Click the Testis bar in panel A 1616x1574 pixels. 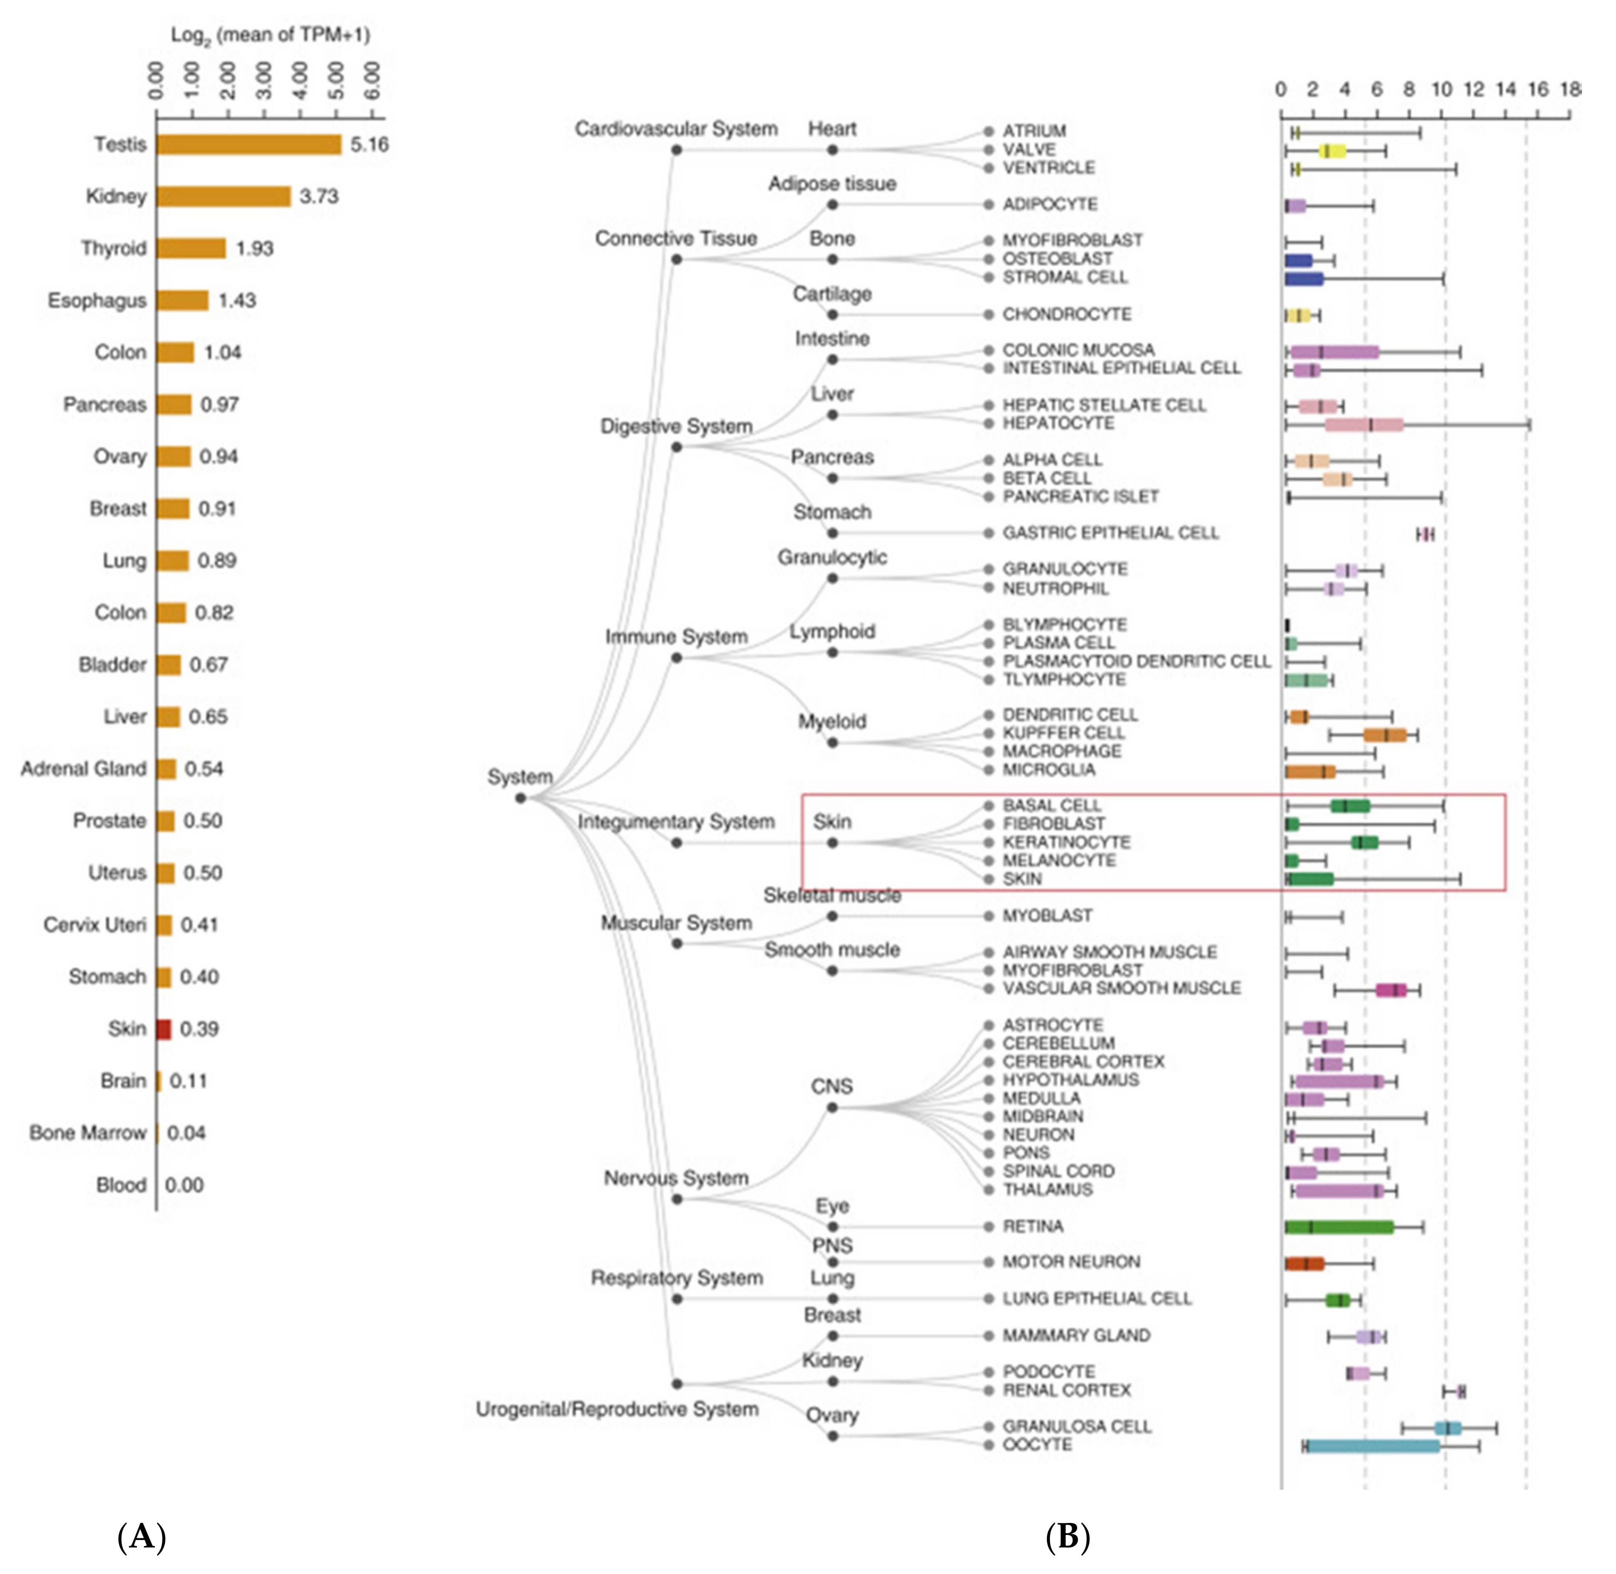(248, 145)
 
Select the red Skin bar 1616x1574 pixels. (164, 1029)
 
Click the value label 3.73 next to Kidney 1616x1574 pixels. (319, 197)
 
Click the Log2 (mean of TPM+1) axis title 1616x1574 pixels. (270, 35)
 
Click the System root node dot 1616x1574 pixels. (520, 798)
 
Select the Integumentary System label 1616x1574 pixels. (676, 822)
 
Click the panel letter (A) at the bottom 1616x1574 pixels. (142, 1537)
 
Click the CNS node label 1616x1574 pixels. (831, 1086)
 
